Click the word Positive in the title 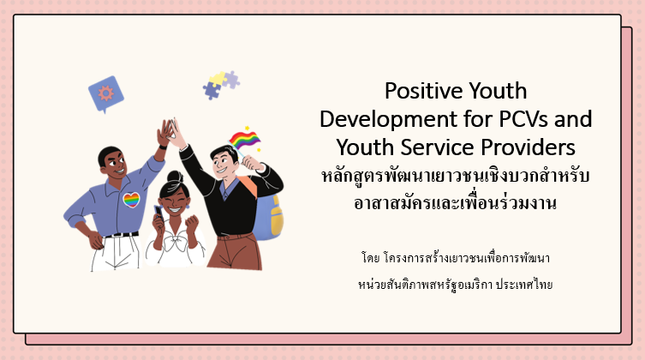[x=424, y=91]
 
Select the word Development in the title [x=388, y=120]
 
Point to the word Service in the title [x=437, y=147]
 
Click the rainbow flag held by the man [x=244, y=140]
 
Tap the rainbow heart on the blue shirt [x=131, y=200]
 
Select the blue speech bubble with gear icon [x=106, y=94]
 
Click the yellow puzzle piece [x=218, y=79]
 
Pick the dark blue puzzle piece [x=212, y=91]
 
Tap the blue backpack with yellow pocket [x=268, y=216]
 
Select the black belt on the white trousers [x=121, y=235]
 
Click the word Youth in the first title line [x=498, y=91]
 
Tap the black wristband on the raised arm [x=163, y=147]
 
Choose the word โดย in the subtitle [x=370, y=258]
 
